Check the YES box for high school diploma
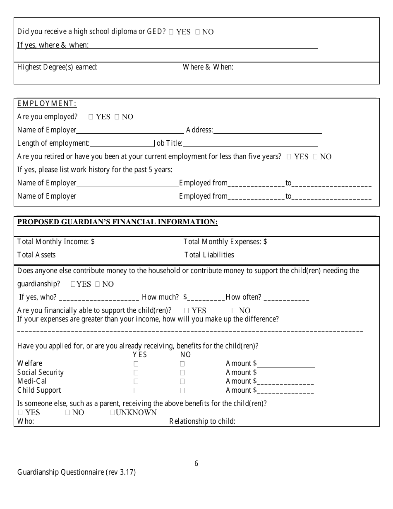(x=171, y=32)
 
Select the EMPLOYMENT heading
(x=47, y=104)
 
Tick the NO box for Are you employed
(x=117, y=117)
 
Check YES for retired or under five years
(x=289, y=157)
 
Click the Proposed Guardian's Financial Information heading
(x=117, y=222)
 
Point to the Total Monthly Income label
(x=56, y=242)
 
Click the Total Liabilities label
(x=209, y=255)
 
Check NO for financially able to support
(x=234, y=311)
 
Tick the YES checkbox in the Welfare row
(x=136, y=364)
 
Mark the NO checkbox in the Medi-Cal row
(x=182, y=382)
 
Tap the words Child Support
(x=39, y=391)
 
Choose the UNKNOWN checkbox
(x=113, y=413)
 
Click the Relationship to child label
(x=202, y=422)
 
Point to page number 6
(x=196, y=464)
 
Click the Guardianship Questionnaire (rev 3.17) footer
(x=77, y=472)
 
